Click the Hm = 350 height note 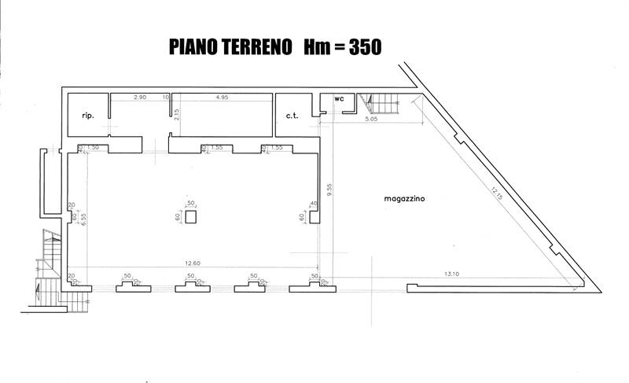tap(338, 46)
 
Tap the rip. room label tap(88, 116)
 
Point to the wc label tap(339, 99)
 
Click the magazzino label tap(404, 200)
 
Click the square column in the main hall tap(189, 217)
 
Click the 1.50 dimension tap(93, 148)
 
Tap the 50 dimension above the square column tap(189, 203)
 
